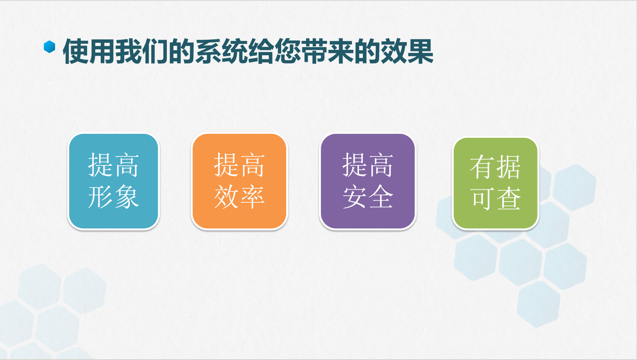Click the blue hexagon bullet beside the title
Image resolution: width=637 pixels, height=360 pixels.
pyautogui.click(x=49, y=47)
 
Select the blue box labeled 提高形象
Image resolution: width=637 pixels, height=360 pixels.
pyautogui.click(x=114, y=181)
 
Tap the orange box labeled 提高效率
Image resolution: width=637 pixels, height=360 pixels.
pyautogui.click(x=239, y=181)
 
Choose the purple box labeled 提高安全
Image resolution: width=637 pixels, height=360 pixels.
pyautogui.click(x=368, y=181)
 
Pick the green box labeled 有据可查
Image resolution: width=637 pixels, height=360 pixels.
pyautogui.click(x=495, y=183)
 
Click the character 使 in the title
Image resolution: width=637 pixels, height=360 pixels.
pyautogui.click(x=76, y=51)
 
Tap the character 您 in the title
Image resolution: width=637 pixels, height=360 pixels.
pyautogui.click(x=288, y=51)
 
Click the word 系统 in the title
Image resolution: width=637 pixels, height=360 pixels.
pyautogui.click(x=222, y=51)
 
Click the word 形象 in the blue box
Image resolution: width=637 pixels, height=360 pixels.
pyautogui.click(x=114, y=197)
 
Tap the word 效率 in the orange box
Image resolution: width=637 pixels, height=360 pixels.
pyautogui.click(x=239, y=197)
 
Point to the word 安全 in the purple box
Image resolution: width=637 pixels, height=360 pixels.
pyautogui.click(x=368, y=197)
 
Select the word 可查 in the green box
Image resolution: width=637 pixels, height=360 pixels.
pyautogui.click(x=495, y=198)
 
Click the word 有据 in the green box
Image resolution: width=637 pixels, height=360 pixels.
pyautogui.click(x=495, y=167)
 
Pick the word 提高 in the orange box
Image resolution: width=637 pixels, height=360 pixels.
pyautogui.click(x=239, y=165)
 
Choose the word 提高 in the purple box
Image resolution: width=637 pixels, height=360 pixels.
pyautogui.click(x=368, y=165)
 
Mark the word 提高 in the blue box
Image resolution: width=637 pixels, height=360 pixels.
pyautogui.click(x=114, y=165)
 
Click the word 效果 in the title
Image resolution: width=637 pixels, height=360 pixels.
pyautogui.click(x=407, y=51)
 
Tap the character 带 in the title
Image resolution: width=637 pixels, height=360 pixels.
pyautogui.click(x=314, y=51)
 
